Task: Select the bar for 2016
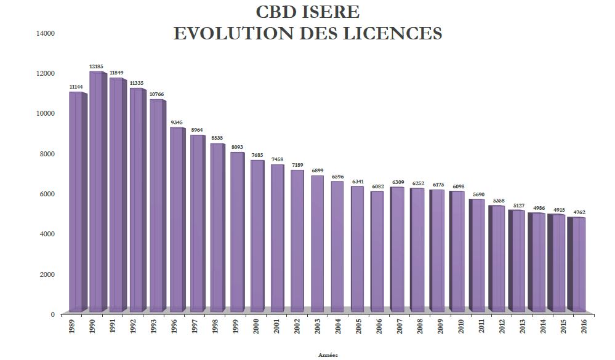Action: click(x=577, y=265)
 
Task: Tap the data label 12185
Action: click(x=96, y=66)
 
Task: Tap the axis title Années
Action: click(x=328, y=355)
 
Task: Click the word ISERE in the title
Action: click(x=330, y=12)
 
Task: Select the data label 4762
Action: click(x=578, y=212)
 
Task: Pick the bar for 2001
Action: click(x=276, y=238)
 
